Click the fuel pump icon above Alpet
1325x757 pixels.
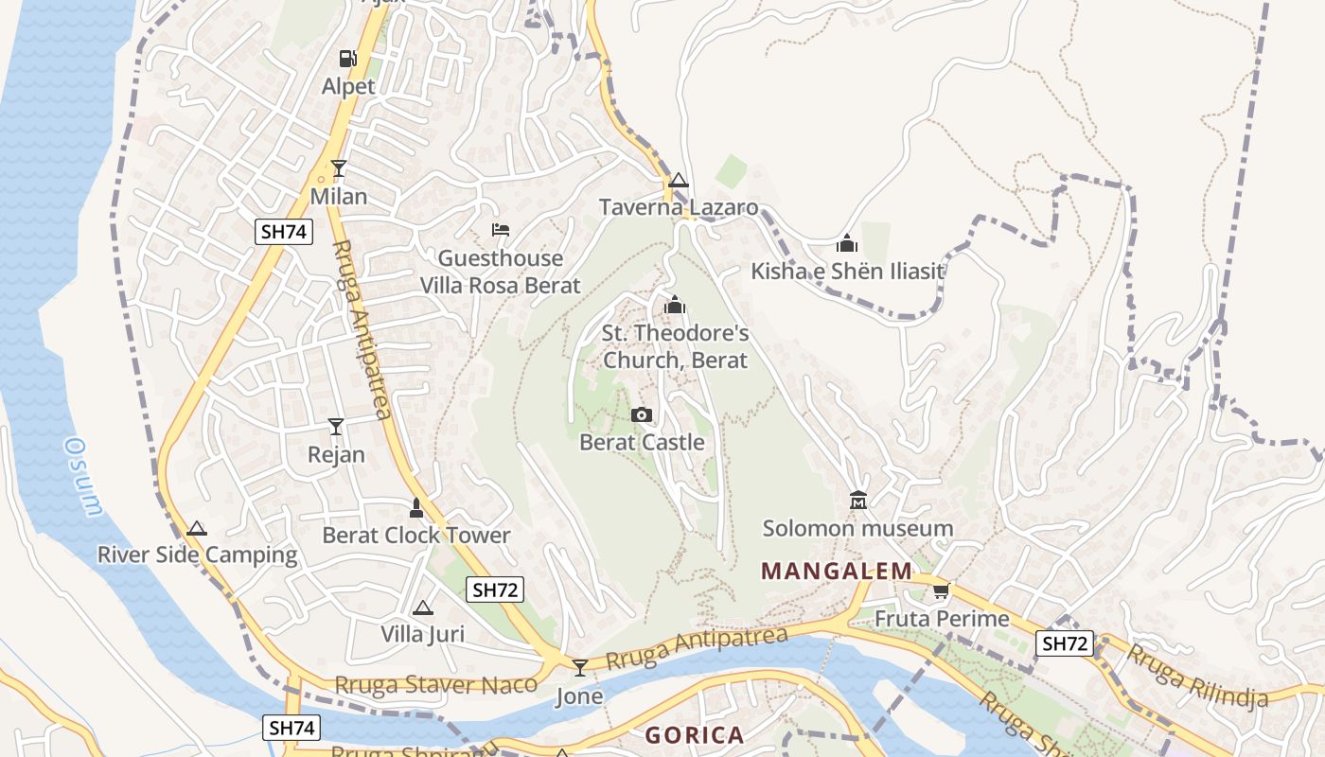[x=348, y=59]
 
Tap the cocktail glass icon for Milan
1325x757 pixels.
[x=339, y=168]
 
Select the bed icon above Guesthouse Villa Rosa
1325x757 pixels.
[x=501, y=230]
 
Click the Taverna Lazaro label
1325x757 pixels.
[x=679, y=207]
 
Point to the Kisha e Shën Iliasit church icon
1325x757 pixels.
[x=847, y=244]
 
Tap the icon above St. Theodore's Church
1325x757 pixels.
[x=675, y=305]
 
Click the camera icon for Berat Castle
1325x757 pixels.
[x=642, y=414]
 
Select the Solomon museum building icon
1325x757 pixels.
[x=858, y=500]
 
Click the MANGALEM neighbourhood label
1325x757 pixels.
[x=837, y=571]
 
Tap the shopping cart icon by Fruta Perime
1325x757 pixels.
[x=941, y=591]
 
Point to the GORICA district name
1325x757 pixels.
[x=695, y=734]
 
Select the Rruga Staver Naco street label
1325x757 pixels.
[x=436, y=684]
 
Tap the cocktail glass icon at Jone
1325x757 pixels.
[x=580, y=667]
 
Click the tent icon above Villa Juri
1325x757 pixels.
[x=422, y=607]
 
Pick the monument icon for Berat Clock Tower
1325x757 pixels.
[x=415, y=508]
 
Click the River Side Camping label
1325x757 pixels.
[x=197, y=555]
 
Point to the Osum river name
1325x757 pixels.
[x=83, y=477]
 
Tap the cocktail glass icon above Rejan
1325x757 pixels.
[x=336, y=427]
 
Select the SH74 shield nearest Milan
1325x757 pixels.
[x=283, y=232]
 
